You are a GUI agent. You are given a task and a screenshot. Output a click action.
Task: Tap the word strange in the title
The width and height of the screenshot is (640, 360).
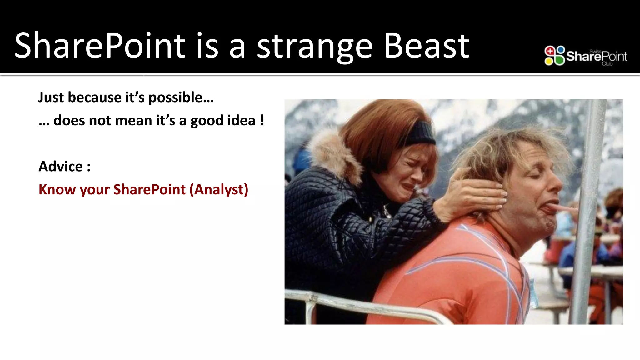(x=315, y=47)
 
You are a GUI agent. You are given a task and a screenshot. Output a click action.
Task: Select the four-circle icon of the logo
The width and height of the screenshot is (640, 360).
(x=554, y=56)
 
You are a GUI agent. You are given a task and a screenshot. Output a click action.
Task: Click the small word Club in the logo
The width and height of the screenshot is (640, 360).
(x=607, y=64)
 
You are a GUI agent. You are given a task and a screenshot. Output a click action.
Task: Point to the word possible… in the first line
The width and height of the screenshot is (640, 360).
(x=181, y=98)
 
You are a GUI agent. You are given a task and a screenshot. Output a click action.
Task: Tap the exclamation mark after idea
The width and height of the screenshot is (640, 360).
(x=262, y=120)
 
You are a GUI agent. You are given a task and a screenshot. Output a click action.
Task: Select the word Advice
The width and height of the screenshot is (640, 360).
(x=61, y=167)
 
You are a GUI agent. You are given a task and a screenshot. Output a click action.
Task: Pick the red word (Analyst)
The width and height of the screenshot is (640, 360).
(x=219, y=190)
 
